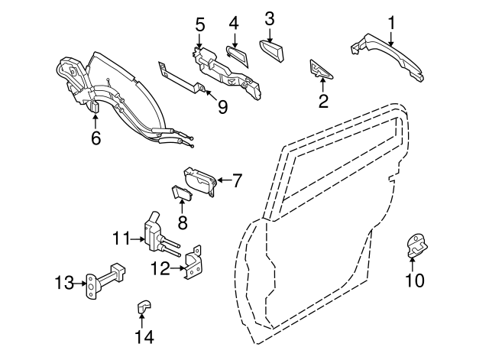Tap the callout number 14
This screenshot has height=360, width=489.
tap(144, 337)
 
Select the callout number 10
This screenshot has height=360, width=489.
tap(415, 280)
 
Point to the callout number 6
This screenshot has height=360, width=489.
tap(96, 138)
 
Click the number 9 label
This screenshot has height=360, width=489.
tap(222, 107)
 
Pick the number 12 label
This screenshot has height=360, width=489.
tap(160, 268)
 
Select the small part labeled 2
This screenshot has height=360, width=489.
tap(320, 70)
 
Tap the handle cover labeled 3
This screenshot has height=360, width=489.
tap(272, 51)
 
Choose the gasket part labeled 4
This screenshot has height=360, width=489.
tap(238, 56)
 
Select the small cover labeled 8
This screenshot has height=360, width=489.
tap(182, 192)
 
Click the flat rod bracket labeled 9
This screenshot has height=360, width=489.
tap(182, 78)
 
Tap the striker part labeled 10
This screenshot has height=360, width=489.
tap(417, 246)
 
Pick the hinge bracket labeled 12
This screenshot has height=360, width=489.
tap(193, 263)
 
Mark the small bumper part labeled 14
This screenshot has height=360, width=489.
tap(144, 306)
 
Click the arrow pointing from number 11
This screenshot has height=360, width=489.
tap(138, 239)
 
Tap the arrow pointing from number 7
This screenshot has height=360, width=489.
tap(225, 180)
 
